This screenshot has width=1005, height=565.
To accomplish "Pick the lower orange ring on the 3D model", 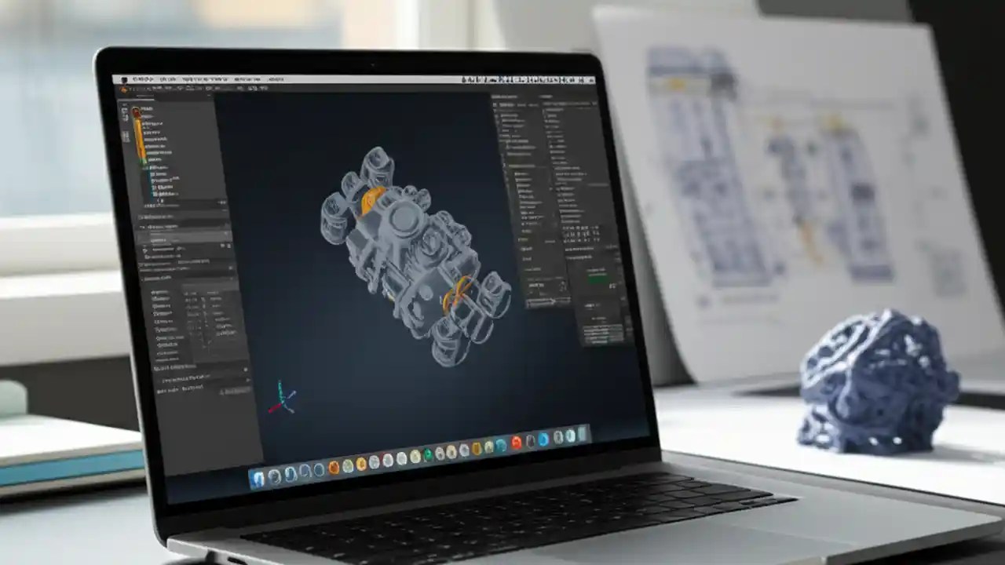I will click(x=455, y=296).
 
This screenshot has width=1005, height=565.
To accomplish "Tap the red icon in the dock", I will click(x=516, y=443).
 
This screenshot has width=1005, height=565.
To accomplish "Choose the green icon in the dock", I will click(x=428, y=454).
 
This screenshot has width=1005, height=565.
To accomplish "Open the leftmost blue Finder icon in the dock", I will click(x=258, y=478).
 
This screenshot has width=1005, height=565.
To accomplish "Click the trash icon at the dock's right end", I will click(x=583, y=434).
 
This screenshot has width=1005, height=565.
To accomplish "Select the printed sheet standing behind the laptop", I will click(x=793, y=180).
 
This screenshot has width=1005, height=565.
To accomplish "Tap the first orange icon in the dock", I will click(x=334, y=468).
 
